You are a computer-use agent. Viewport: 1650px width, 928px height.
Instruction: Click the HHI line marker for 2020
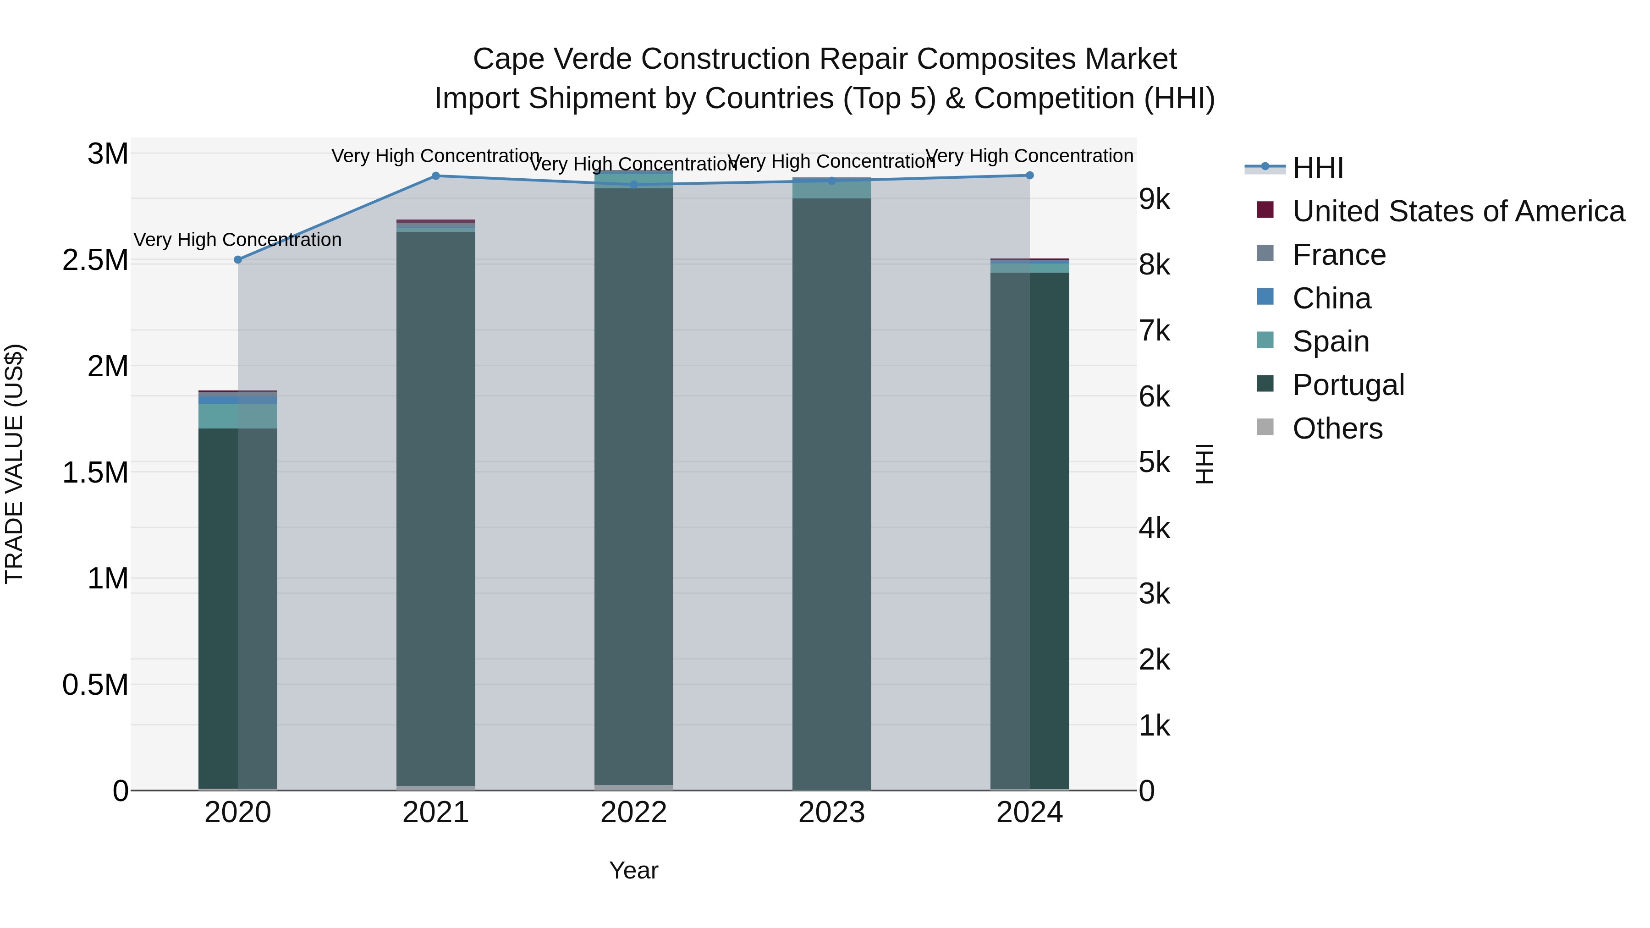click(x=237, y=259)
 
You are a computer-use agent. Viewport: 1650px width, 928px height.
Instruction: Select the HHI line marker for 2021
click(x=435, y=176)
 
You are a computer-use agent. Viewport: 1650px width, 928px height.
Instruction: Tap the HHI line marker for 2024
click(x=1029, y=176)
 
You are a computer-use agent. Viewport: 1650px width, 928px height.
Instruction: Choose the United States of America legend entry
click(x=1458, y=211)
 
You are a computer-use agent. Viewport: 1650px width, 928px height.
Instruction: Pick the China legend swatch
click(x=1265, y=297)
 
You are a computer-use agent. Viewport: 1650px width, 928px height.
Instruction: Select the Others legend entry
click(x=1337, y=428)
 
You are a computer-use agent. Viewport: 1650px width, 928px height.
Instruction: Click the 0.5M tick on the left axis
click(x=95, y=685)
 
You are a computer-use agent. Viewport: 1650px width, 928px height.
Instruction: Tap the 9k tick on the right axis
click(x=1154, y=199)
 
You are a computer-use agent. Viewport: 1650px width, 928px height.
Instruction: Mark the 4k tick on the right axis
click(x=1154, y=528)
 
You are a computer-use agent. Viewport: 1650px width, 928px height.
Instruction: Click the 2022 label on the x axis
click(x=633, y=813)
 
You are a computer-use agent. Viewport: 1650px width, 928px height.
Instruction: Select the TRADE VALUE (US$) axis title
click(x=14, y=464)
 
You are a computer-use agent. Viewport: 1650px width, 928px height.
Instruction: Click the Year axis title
click(x=633, y=870)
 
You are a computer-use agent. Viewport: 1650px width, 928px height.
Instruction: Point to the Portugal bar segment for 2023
click(x=831, y=493)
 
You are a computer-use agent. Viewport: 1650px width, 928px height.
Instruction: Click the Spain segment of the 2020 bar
click(x=237, y=416)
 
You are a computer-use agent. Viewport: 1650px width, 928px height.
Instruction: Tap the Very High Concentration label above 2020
click(x=237, y=240)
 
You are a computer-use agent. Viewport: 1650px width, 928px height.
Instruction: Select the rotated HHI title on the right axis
click(x=1204, y=464)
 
